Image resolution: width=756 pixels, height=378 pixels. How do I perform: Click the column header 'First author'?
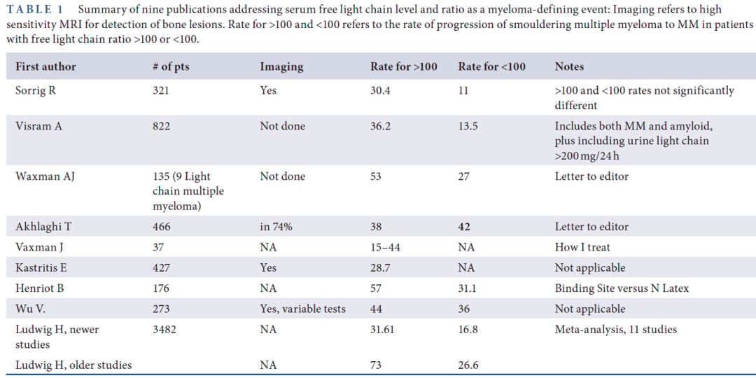point(45,66)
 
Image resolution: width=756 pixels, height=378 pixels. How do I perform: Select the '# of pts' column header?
point(171,66)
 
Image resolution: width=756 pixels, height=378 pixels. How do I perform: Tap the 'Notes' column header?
point(569,66)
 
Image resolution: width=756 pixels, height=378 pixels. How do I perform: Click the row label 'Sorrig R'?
point(36,90)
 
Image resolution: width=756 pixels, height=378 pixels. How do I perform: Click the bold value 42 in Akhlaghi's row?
point(464,226)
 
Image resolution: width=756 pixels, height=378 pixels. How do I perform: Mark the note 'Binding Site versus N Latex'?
point(622,288)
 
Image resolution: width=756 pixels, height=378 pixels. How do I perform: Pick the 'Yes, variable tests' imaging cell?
point(303,309)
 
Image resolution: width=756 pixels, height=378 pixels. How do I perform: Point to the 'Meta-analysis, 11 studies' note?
point(616,330)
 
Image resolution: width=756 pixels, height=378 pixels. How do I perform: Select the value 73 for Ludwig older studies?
point(376,365)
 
